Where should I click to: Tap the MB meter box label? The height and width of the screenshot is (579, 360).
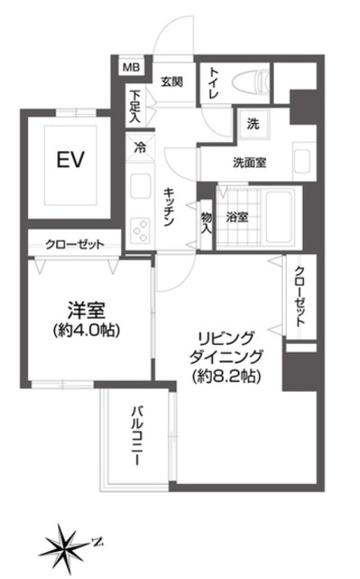point(132,67)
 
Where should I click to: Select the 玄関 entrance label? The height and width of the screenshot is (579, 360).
point(172,81)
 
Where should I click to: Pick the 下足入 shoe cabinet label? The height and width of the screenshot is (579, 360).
point(135,104)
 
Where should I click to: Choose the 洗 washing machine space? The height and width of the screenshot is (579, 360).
point(253,124)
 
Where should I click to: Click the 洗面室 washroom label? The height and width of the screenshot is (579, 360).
point(250,164)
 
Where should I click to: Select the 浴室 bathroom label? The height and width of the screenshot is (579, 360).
point(237,216)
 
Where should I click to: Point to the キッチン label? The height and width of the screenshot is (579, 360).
point(170,207)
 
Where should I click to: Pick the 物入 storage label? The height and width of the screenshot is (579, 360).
point(206,221)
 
